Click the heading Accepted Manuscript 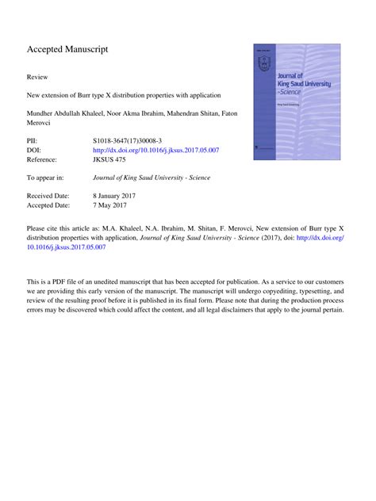point(67,50)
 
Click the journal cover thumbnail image point(296,102)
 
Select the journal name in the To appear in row point(152,178)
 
